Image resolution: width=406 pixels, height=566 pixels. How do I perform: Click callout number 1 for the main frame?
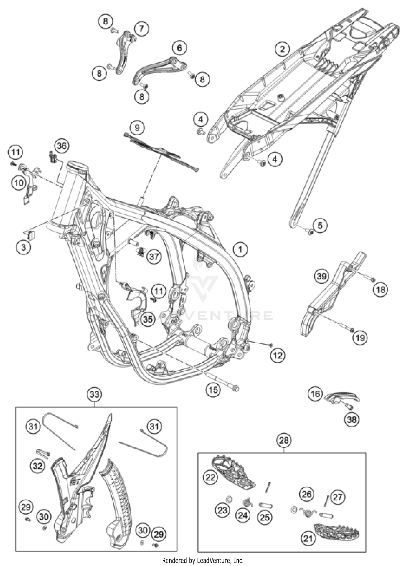click(240, 249)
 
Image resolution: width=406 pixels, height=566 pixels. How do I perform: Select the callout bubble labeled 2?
click(282, 49)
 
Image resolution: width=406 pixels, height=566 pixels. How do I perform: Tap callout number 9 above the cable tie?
click(137, 127)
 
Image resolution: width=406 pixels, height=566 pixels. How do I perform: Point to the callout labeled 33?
click(94, 394)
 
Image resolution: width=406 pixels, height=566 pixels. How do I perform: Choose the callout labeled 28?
click(284, 440)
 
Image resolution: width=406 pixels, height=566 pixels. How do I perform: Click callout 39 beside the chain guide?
click(322, 276)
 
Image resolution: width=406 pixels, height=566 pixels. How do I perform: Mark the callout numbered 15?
click(213, 390)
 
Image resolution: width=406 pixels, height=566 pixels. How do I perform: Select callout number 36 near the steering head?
click(61, 146)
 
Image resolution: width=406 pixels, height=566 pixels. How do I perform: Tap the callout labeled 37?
click(154, 256)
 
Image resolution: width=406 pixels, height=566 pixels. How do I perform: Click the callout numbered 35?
click(148, 319)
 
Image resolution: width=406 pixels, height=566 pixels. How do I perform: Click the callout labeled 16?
click(315, 394)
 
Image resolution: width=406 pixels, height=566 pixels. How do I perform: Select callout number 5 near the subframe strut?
click(320, 225)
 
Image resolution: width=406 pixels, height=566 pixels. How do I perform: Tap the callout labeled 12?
click(278, 355)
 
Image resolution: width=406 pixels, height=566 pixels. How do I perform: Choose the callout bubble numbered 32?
click(37, 466)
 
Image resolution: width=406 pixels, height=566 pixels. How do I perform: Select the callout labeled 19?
click(360, 338)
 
